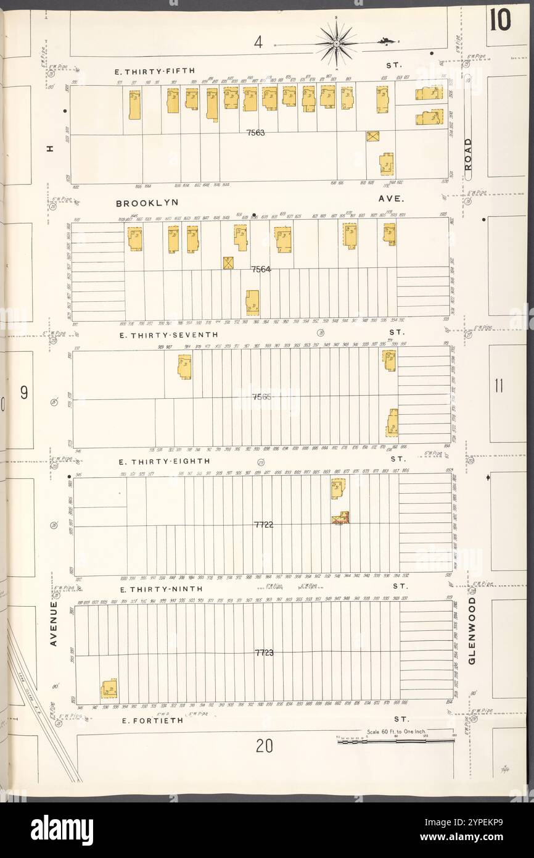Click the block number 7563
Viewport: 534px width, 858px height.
(x=255, y=133)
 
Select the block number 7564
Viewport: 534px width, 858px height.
(x=261, y=269)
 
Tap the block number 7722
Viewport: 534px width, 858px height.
(x=263, y=525)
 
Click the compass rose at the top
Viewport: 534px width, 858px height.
(x=336, y=43)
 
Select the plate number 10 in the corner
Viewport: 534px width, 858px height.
(x=500, y=21)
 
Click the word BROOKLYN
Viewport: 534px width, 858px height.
(x=147, y=202)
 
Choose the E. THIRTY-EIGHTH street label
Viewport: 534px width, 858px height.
(x=165, y=461)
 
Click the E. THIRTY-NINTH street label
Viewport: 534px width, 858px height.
(x=161, y=589)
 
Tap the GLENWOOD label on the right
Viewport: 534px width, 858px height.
(x=472, y=630)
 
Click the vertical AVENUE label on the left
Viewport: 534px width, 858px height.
(x=54, y=624)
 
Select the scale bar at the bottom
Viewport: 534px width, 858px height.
(x=395, y=739)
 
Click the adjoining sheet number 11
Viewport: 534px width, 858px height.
(x=498, y=387)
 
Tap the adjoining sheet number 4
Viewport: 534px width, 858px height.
(x=259, y=43)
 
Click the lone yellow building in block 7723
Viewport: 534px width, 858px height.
(x=109, y=688)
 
